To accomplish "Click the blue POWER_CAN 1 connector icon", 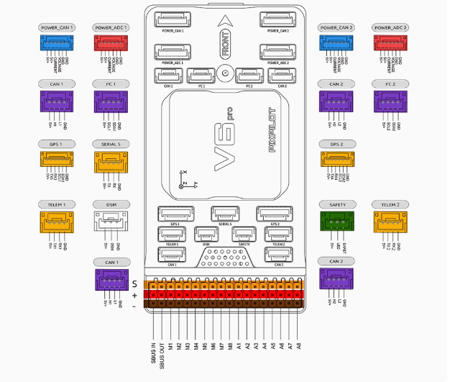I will coord(56,44).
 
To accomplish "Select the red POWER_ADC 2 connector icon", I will coord(391,44).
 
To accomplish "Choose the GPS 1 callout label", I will coord(56,144).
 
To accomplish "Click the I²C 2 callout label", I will coord(391,84).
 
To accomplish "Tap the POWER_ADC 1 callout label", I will coord(111,27).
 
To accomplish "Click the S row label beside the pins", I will coord(134,284).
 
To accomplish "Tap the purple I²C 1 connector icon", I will coord(111,101).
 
